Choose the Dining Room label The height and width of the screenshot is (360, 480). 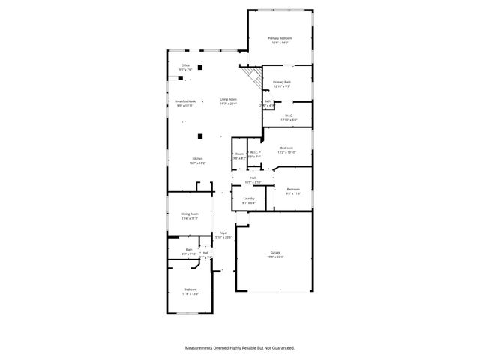click(x=189, y=216)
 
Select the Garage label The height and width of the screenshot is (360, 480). click(x=275, y=254)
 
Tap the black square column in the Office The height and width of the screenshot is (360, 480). click(x=200, y=67)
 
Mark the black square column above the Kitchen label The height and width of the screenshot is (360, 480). click(x=199, y=136)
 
